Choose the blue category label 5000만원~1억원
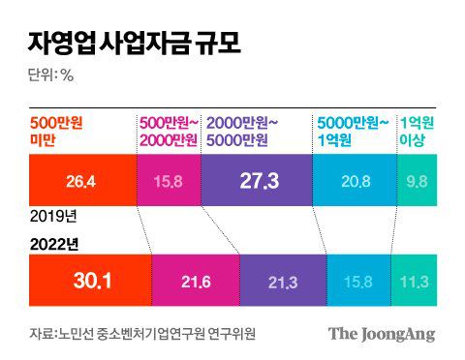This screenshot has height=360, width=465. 355,131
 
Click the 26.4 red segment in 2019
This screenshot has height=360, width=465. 82,181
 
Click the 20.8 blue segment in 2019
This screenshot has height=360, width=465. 356,181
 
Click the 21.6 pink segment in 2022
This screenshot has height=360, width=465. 196,281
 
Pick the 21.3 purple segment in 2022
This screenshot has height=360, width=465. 283,281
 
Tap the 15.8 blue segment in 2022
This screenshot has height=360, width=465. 358,281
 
